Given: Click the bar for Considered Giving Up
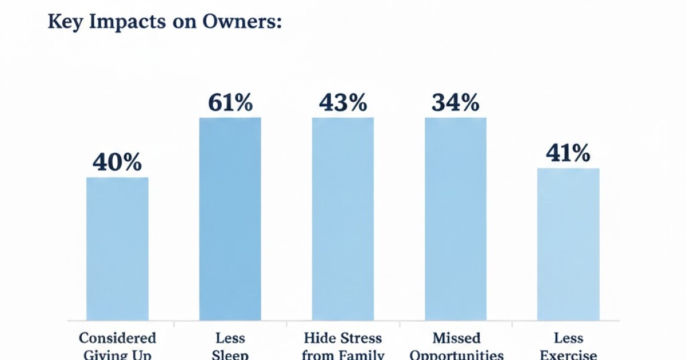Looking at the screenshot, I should click(x=117, y=249).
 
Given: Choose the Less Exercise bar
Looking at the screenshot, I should click(x=568, y=244).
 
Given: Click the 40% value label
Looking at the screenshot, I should click(x=117, y=163).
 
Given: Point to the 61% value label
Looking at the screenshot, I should click(x=230, y=103).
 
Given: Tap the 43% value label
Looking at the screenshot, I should click(x=342, y=103).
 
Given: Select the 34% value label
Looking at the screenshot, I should click(x=455, y=103).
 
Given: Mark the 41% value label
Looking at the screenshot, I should click(x=568, y=153).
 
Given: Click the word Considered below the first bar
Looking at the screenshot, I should click(x=117, y=338).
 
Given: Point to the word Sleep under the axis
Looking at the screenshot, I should click(x=230, y=355).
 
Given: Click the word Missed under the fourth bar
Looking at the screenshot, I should click(x=456, y=338).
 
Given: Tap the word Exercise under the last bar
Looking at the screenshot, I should click(x=568, y=355).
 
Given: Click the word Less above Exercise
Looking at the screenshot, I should click(x=568, y=338).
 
